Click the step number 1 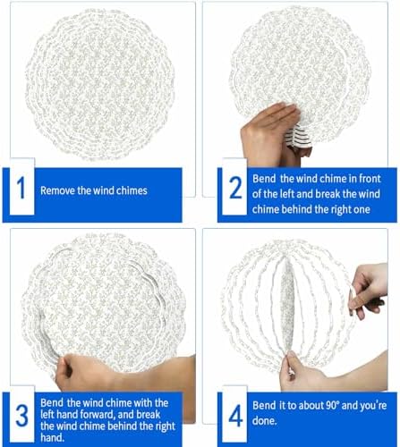coord(21,188)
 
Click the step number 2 coord(236,188)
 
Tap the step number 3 coord(21,416)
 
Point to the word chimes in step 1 coord(132,190)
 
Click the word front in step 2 coord(370,179)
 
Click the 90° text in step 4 coord(332,405)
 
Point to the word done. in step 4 coord(265,421)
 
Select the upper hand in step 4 coord(369,290)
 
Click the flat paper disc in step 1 coord(100,85)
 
